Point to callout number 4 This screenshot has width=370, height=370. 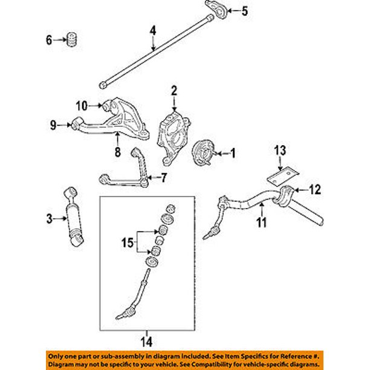[x=153, y=30]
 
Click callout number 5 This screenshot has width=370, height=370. [x=245, y=10]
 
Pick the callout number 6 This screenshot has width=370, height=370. [x=49, y=41]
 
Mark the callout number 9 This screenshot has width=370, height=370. [x=53, y=125]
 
